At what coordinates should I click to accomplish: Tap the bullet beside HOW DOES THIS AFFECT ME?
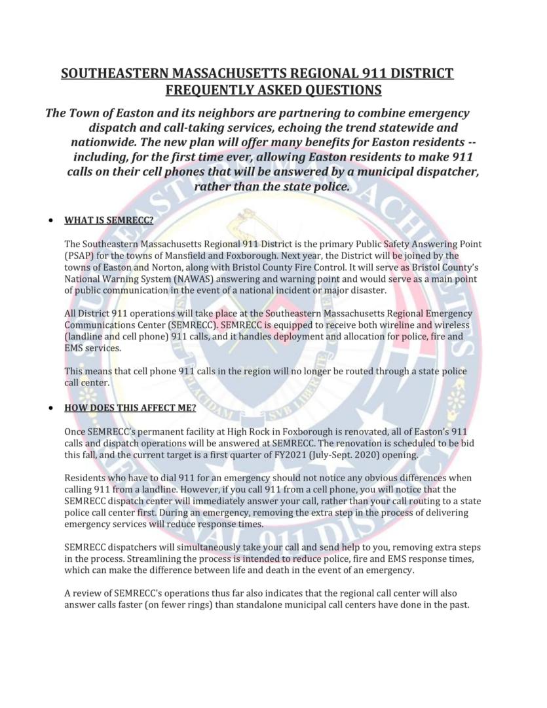pos(50,407)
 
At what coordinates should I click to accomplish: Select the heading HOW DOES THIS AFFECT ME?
pos(130,407)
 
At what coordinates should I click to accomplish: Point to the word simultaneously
pos(181,548)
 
